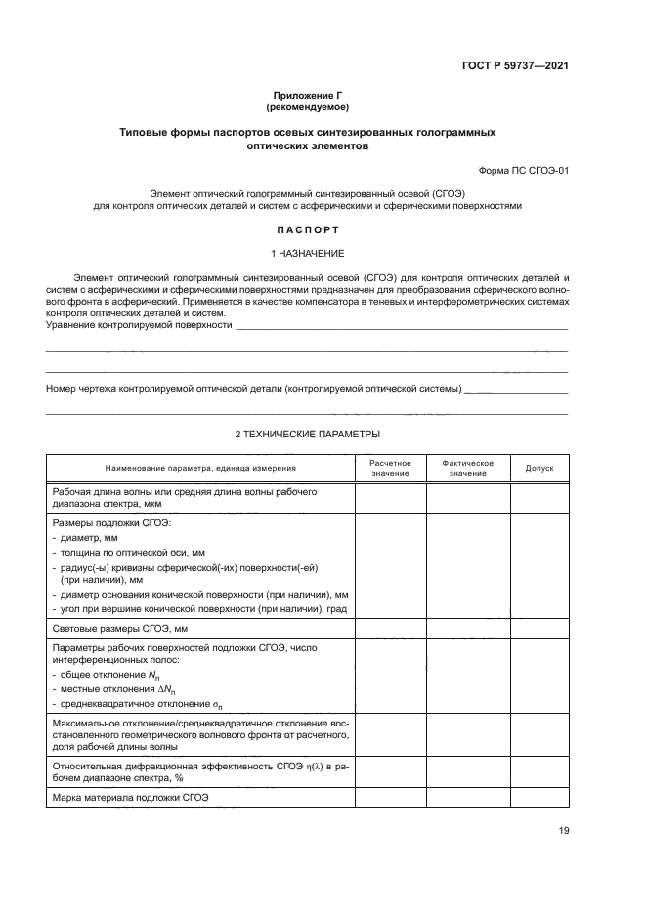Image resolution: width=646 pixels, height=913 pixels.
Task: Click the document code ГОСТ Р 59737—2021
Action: [515, 66]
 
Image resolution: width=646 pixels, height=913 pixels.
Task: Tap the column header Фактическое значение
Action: [467, 468]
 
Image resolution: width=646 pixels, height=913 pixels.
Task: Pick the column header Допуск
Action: [538, 468]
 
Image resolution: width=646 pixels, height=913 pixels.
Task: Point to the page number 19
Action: [562, 830]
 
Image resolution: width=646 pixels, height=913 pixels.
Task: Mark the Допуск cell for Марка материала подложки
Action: [538, 798]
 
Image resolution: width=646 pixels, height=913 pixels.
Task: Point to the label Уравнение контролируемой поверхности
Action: [140, 324]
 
